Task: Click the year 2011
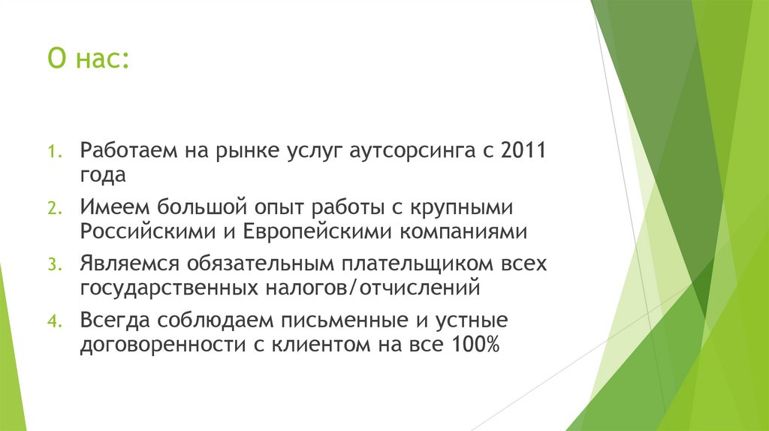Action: pyautogui.click(x=525, y=149)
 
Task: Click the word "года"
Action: pyautogui.click(x=104, y=176)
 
